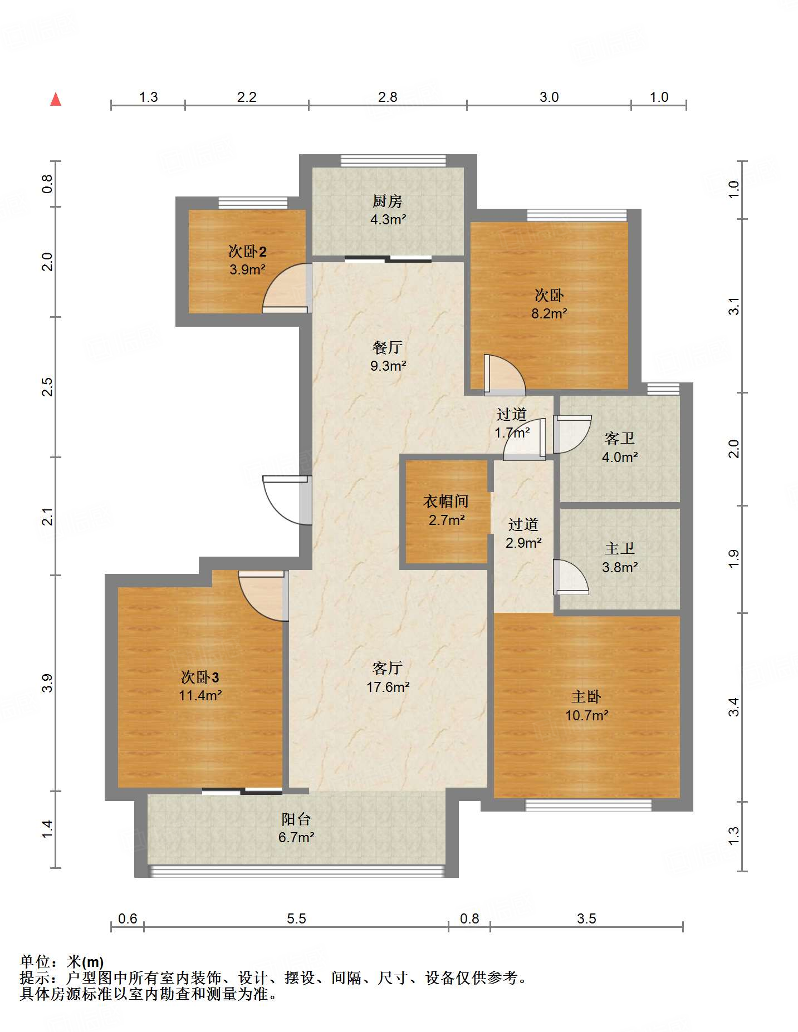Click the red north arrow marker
click(x=56, y=99)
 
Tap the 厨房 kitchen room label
click(x=388, y=201)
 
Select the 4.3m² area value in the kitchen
click(x=388, y=219)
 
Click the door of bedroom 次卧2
click(x=285, y=289)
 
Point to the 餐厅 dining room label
click(x=388, y=347)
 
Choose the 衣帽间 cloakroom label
click(x=446, y=502)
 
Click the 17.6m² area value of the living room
click(x=388, y=687)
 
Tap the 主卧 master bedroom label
click(x=586, y=696)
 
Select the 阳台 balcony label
click(x=296, y=819)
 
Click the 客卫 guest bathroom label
click(x=620, y=439)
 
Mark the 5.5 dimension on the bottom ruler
click(x=296, y=918)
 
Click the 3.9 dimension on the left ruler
click(x=48, y=683)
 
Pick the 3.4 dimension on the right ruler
click(x=735, y=707)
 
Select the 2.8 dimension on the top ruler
click(x=388, y=97)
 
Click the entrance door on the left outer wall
click(x=287, y=500)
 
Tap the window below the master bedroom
click(x=588, y=805)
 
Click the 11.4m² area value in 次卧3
click(x=200, y=695)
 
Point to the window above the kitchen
click(x=394, y=160)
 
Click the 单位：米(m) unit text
click(x=62, y=961)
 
